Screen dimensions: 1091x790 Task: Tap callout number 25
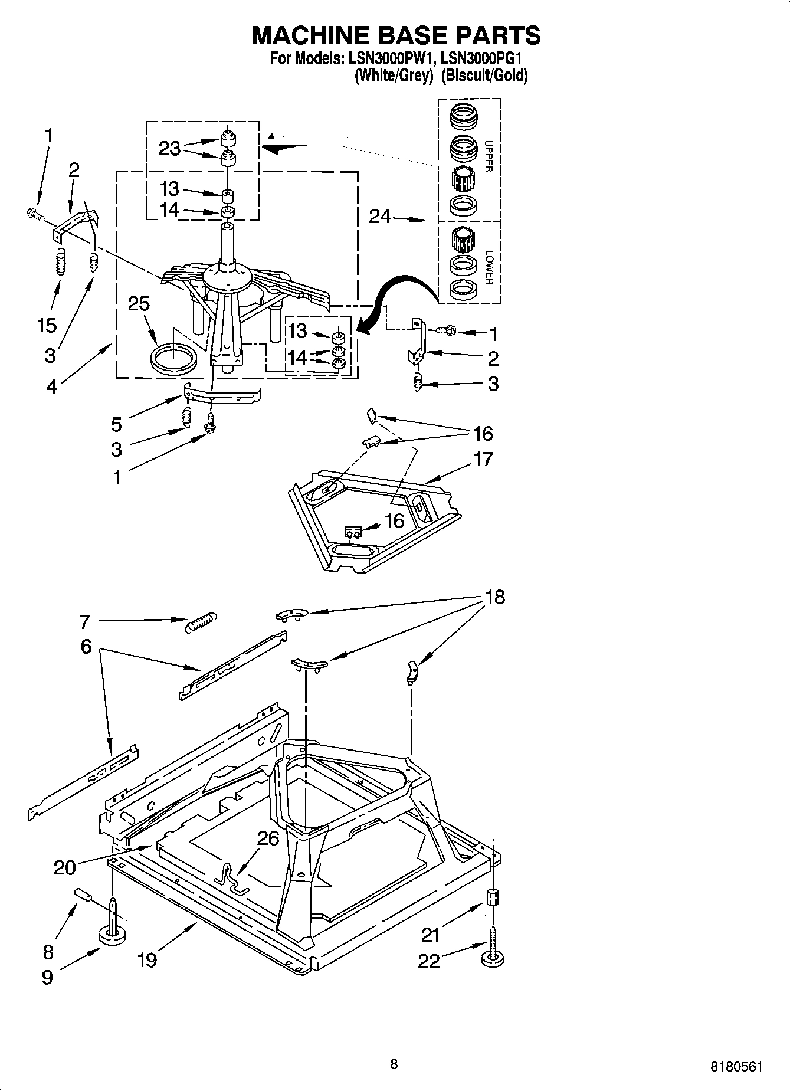coord(139,304)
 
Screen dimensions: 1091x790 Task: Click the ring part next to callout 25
coord(173,359)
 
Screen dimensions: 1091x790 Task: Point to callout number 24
coord(379,217)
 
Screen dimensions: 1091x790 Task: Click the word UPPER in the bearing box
coord(488,156)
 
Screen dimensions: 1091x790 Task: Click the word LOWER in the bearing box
coord(488,267)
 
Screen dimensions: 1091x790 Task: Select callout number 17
coord(483,459)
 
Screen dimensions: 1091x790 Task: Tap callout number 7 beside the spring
coord(85,621)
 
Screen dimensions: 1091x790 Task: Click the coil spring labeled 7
coord(201,622)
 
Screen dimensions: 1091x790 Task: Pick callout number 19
coord(147,961)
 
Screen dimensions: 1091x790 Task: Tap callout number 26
coord(268,838)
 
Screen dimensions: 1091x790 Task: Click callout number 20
coord(65,867)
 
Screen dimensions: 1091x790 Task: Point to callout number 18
coord(495,597)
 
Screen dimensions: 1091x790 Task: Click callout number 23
coord(169,148)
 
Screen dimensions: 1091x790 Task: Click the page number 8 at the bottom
coord(394,1064)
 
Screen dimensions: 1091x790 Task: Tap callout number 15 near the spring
coord(47,325)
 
